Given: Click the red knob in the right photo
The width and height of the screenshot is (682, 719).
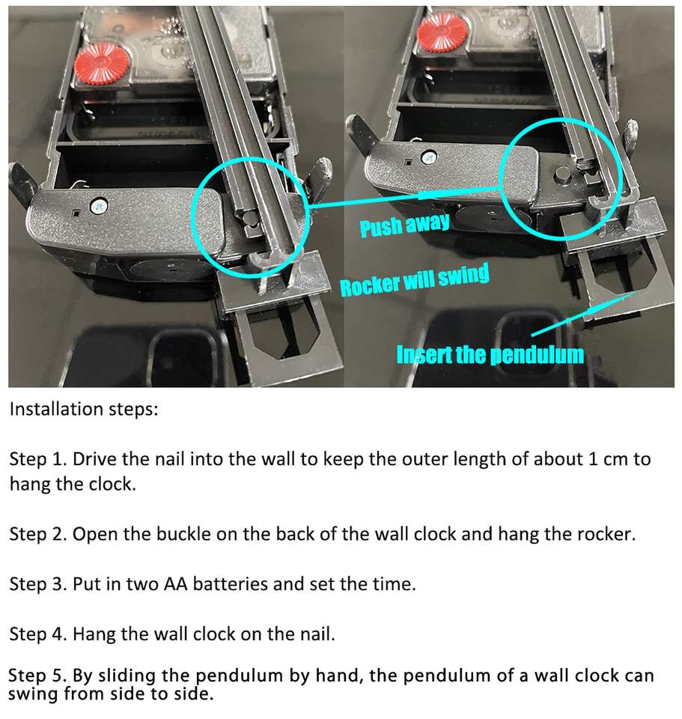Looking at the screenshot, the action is (442, 31).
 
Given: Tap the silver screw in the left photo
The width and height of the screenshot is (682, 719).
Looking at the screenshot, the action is (99, 205).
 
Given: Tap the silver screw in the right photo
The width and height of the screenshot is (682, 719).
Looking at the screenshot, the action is (430, 157).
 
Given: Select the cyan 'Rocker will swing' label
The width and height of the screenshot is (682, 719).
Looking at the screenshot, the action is (415, 280).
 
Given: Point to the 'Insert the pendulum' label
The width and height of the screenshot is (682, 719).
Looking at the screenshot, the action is (490, 354).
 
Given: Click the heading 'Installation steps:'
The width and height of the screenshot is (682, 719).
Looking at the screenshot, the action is (84, 409).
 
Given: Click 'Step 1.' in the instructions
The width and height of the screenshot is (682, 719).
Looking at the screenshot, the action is (38, 459).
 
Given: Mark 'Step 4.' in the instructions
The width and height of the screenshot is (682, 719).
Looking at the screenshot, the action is (38, 634).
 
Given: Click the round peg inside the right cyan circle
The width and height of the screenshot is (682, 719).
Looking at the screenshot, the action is (562, 174).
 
